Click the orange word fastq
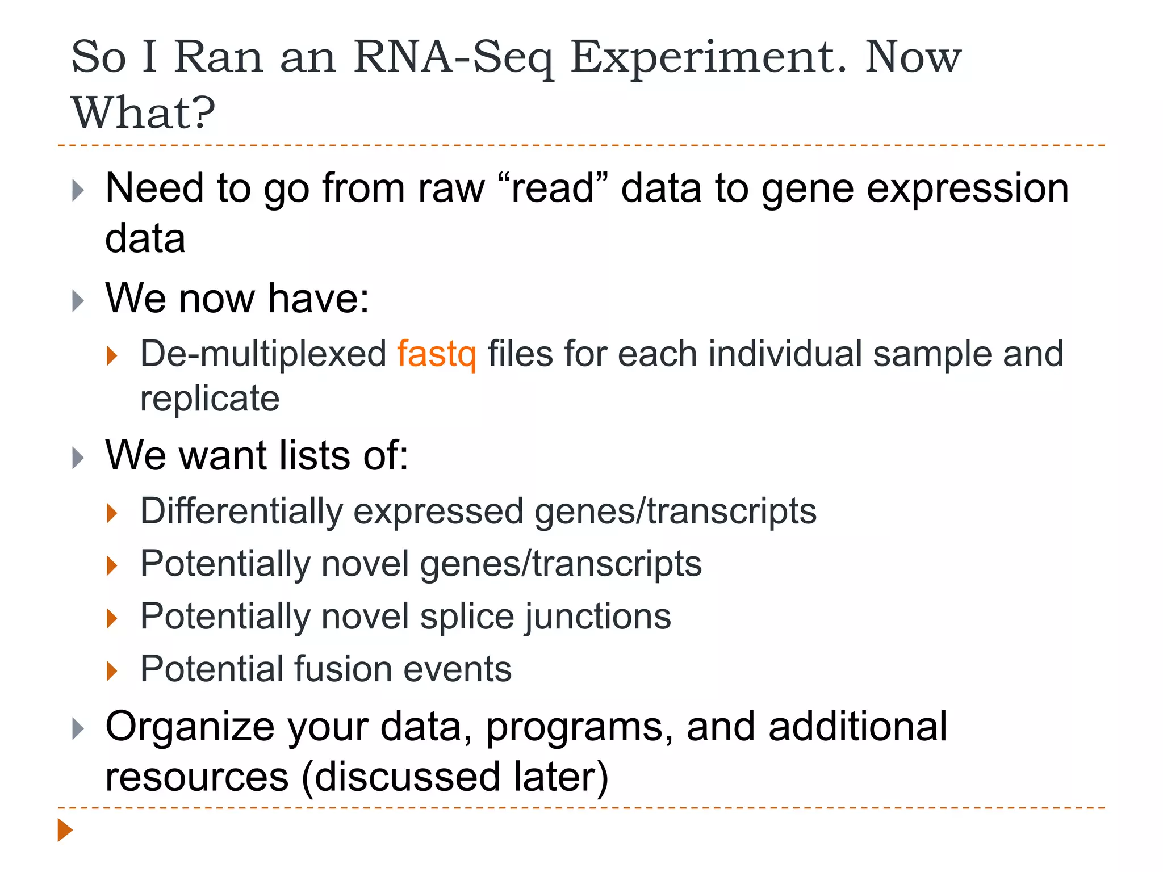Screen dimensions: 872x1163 (436, 355)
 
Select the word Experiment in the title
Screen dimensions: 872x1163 (708, 57)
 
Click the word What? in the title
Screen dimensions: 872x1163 (143, 112)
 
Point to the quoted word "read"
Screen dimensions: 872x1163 (553, 188)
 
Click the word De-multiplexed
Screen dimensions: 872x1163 (263, 354)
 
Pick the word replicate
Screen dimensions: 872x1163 (210, 398)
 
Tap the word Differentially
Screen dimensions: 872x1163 (241, 511)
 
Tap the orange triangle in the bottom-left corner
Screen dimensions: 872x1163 (65, 830)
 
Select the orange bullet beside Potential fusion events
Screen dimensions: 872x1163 (112, 670)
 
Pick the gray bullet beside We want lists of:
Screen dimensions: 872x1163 (78, 458)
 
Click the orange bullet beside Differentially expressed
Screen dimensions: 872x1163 (112, 513)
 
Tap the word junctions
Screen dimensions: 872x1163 (598, 617)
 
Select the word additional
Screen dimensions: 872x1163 (857, 727)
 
